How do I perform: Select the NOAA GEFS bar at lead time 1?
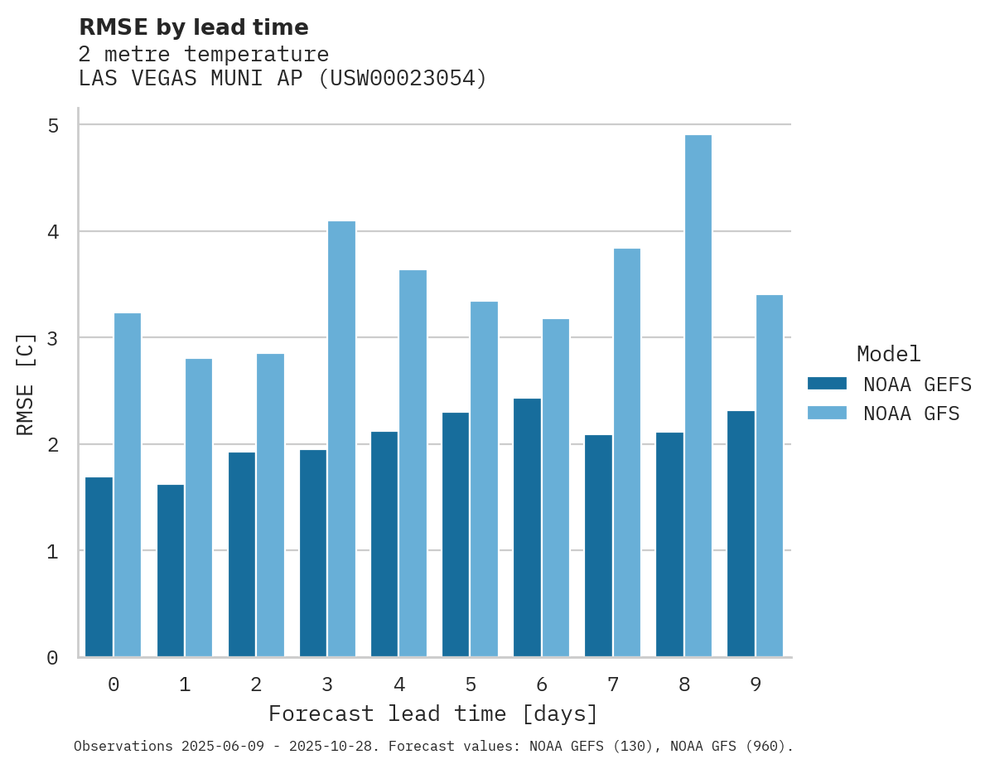point(171,571)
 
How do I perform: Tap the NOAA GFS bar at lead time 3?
point(341,439)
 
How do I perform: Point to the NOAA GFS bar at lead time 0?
point(128,485)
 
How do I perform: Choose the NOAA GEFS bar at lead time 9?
point(741,534)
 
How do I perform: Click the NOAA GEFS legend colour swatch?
point(827,383)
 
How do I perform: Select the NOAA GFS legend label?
point(911,413)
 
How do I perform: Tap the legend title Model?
point(888,354)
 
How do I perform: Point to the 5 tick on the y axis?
point(53,125)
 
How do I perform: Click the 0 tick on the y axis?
point(53,658)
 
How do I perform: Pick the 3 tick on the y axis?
point(53,338)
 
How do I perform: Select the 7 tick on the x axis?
point(613,684)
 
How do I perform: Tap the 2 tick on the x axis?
point(256,684)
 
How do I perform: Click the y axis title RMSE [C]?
point(26,384)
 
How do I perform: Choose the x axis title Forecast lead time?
point(432,713)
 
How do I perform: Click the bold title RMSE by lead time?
point(194,27)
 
